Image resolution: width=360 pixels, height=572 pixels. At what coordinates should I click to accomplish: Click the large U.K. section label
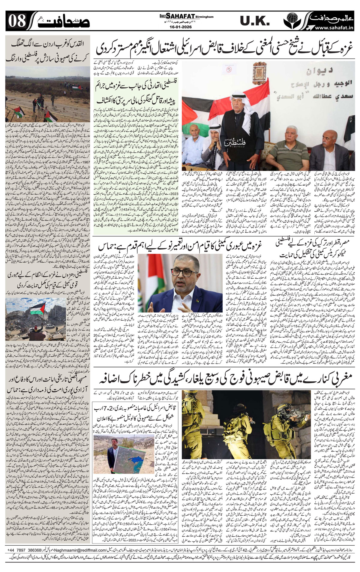[255, 21]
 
